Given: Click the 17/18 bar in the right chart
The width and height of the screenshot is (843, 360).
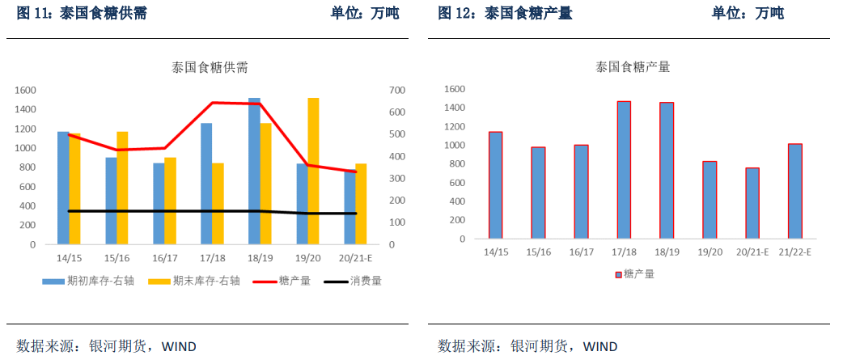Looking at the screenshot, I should click(x=624, y=170).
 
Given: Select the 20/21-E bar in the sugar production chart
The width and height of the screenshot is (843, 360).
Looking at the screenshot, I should click(x=752, y=203).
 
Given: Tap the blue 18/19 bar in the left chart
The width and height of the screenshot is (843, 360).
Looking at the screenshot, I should click(x=254, y=171).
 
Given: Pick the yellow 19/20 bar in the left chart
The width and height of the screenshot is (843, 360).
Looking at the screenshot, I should click(x=313, y=171).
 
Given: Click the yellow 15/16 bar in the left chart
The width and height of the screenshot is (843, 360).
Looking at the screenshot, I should click(x=122, y=188).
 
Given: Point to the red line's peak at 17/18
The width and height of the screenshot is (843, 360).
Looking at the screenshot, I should click(x=212, y=103).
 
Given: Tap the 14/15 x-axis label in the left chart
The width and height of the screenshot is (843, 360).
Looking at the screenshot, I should click(x=68, y=258).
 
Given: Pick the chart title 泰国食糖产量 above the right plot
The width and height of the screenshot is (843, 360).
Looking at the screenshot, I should click(x=633, y=67).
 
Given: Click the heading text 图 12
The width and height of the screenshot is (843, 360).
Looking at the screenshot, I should click(x=456, y=14).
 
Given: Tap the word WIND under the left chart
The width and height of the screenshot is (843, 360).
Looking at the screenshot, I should click(x=179, y=346).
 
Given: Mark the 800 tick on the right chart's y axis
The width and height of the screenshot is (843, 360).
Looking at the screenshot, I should click(x=455, y=164).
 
